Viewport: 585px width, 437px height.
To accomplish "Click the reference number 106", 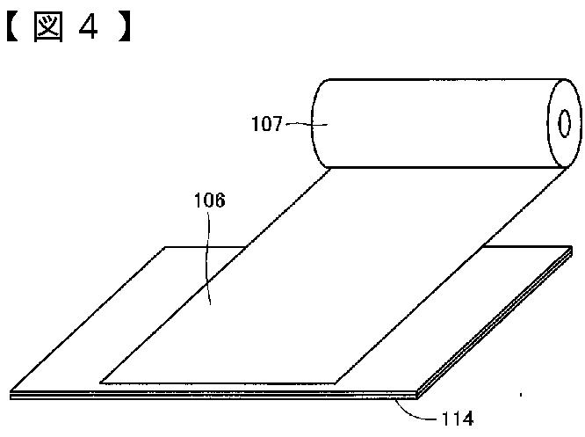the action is click(209, 200).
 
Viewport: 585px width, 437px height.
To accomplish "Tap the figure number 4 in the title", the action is click(87, 28).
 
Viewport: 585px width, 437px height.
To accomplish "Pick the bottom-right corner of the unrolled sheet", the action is click(338, 382).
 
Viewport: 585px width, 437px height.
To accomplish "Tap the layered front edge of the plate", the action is click(220, 397).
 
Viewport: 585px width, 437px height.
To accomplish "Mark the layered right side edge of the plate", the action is click(496, 325).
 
